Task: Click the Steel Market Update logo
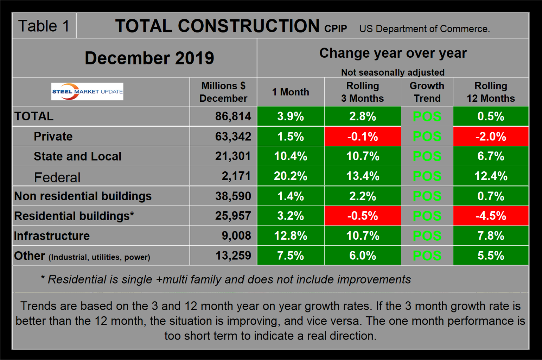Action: (87, 91)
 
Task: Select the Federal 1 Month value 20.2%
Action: (291, 176)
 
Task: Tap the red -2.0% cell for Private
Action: (491, 137)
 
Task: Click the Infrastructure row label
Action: (52, 236)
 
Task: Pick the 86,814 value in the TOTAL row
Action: (233, 116)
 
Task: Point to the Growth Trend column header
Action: (427, 92)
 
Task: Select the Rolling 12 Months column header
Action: (491, 92)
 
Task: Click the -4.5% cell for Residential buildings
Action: (491, 216)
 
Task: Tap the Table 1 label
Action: (44, 26)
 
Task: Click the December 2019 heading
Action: (149, 58)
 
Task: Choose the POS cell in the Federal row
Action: (427, 176)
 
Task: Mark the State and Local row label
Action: (77, 156)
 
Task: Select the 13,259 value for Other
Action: (233, 255)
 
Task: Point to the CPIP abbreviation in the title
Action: (336, 29)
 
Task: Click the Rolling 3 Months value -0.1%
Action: (362, 137)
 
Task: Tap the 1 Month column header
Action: (291, 92)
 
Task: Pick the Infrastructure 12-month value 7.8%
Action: (491, 236)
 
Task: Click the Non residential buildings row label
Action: (83, 196)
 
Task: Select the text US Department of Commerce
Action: (425, 29)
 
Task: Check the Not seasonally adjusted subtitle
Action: (393, 72)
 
